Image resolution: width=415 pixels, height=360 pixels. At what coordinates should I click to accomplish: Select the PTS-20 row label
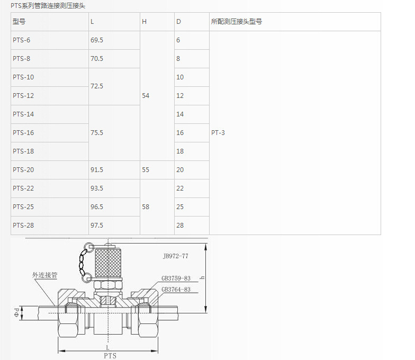(x=23, y=170)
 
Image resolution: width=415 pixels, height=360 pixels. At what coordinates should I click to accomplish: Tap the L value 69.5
(x=97, y=40)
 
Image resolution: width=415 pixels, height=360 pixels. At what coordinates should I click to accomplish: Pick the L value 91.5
(x=97, y=170)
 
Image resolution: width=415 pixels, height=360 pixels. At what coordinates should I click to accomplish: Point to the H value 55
(x=146, y=170)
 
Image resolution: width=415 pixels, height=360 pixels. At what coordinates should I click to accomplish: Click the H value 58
(x=146, y=207)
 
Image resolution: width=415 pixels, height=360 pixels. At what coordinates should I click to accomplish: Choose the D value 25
(x=180, y=207)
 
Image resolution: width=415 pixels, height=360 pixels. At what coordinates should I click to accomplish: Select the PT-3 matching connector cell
(x=218, y=133)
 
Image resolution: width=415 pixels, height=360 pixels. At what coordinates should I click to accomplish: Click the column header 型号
(x=19, y=22)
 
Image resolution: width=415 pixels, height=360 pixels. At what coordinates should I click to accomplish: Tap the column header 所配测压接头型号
(x=236, y=22)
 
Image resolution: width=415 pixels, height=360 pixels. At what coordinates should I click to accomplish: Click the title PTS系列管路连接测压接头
(x=48, y=5)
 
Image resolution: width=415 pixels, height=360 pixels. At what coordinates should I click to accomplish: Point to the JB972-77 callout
(x=176, y=256)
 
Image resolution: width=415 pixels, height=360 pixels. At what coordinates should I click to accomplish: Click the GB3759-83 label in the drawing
(x=176, y=278)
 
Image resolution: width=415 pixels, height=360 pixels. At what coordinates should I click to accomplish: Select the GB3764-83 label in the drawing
(x=176, y=290)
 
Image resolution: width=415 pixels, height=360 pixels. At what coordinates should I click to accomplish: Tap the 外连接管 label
(x=44, y=276)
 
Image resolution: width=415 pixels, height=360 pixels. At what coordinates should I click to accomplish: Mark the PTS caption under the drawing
(x=110, y=356)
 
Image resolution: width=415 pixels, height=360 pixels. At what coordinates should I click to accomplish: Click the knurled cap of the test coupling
(x=108, y=262)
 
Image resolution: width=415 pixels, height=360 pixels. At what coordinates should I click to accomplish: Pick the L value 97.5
(x=97, y=226)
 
